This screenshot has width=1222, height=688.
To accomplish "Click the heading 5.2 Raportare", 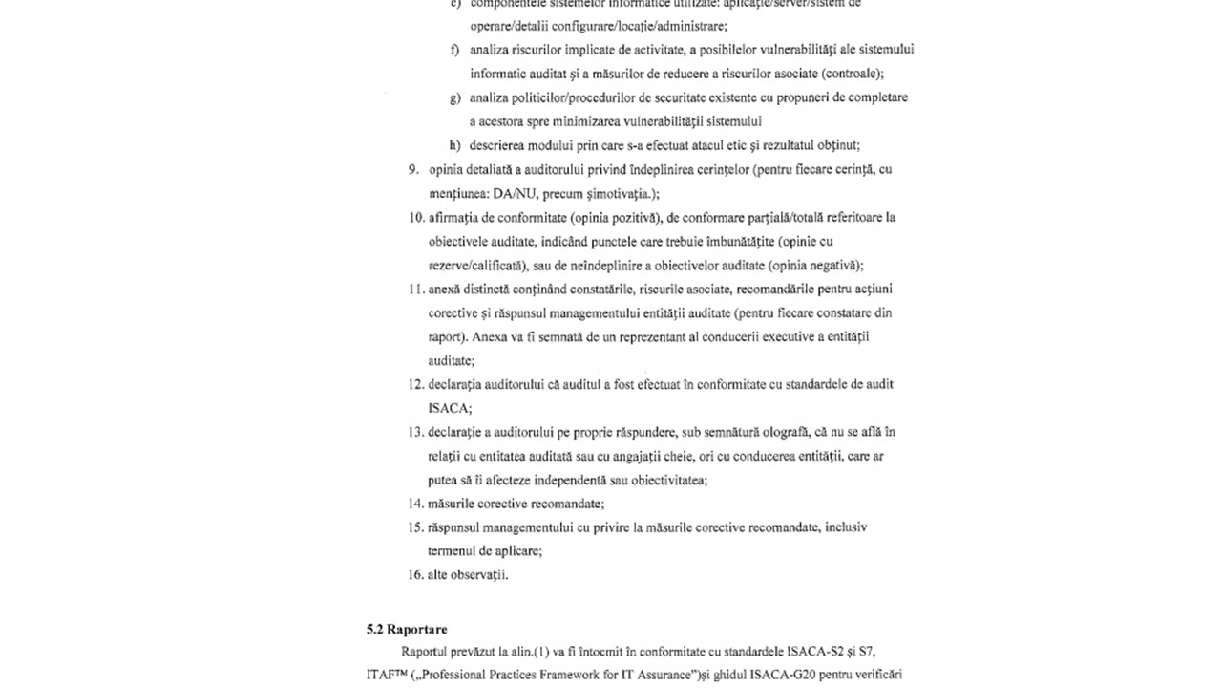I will (407, 630).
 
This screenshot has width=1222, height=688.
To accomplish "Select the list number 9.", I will (413, 170).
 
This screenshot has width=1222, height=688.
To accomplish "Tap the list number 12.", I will (415, 385).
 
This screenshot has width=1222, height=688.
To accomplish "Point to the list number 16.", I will (415, 575).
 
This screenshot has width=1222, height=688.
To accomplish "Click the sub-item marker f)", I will (455, 50).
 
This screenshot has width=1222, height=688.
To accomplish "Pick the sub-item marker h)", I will (455, 145).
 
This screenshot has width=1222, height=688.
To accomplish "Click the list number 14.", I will (415, 504).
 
